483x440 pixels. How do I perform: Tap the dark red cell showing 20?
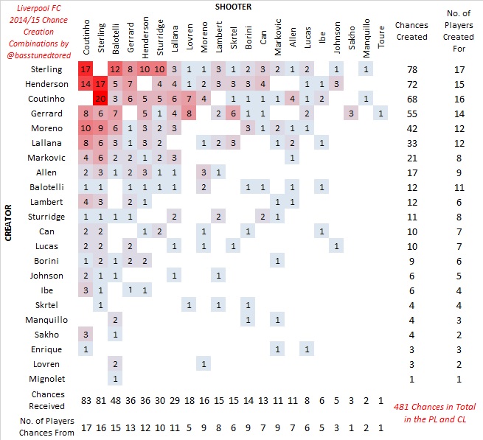[x=102, y=99]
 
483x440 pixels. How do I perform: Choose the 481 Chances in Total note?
[x=434, y=412]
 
